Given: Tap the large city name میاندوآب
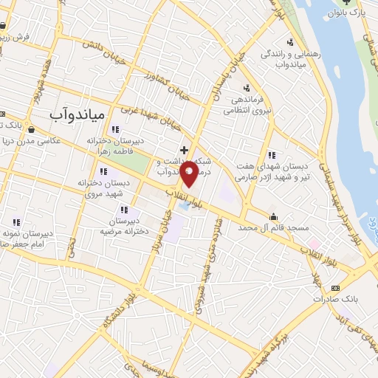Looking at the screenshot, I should click(x=78, y=114).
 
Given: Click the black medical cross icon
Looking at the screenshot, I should click(x=184, y=150).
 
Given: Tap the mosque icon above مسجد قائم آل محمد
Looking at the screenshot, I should click(x=273, y=216).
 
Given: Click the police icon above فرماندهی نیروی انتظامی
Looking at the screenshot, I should click(x=246, y=88).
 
